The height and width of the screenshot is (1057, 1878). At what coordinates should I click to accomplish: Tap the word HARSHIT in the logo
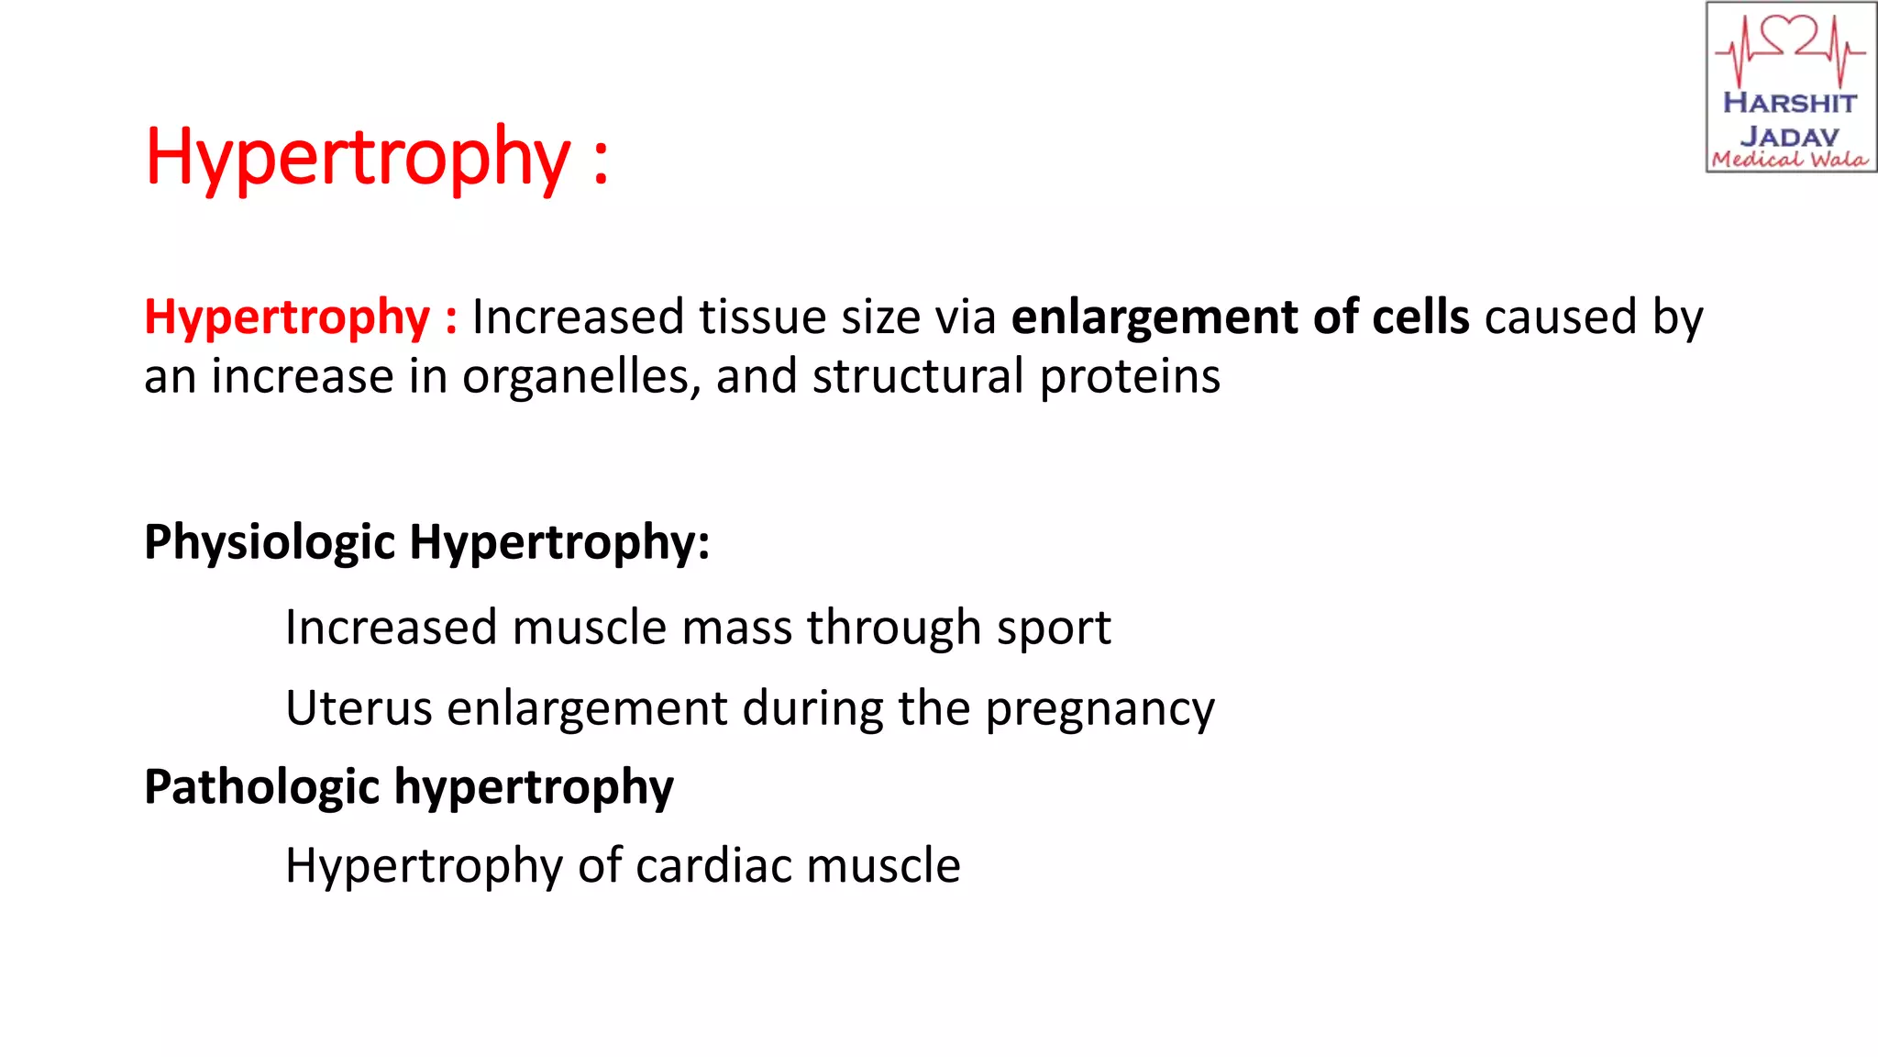click(x=1789, y=103)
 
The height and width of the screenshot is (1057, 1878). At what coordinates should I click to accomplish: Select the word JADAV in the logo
click(x=1789, y=136)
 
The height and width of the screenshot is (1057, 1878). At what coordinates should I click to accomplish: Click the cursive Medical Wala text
click(x=1789, y=160)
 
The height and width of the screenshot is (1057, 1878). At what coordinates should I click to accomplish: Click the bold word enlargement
click(x=1154, y=317)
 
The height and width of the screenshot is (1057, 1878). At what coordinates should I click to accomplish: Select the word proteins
click(x=1130, y=377)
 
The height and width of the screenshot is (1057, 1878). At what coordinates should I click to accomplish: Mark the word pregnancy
click(x=1099, y=710)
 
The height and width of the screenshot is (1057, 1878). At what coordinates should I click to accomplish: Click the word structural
click(x=918, y=377)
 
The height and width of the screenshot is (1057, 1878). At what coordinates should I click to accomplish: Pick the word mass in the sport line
click(x=736, y=629)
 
